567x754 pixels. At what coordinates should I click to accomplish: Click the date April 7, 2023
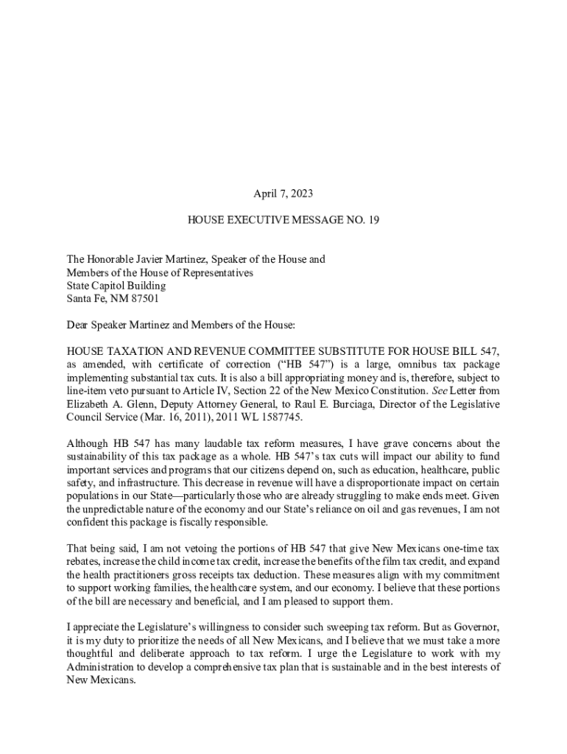pos(283,194)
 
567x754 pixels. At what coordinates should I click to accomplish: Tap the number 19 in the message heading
pos(373,219)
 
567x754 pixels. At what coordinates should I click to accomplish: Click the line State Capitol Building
pos(116,286)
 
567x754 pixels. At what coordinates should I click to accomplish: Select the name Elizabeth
pos(90,404)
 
